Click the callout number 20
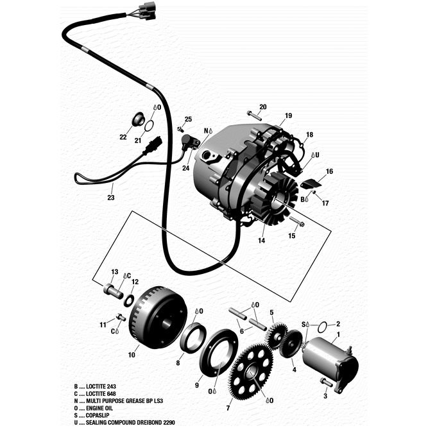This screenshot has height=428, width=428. (x=262, y=107)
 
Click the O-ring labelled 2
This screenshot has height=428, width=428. (x=325, y=325)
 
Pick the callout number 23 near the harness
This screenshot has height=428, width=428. (x=111, y=198)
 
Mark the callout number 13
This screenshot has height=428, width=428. (x=115, y=272)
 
